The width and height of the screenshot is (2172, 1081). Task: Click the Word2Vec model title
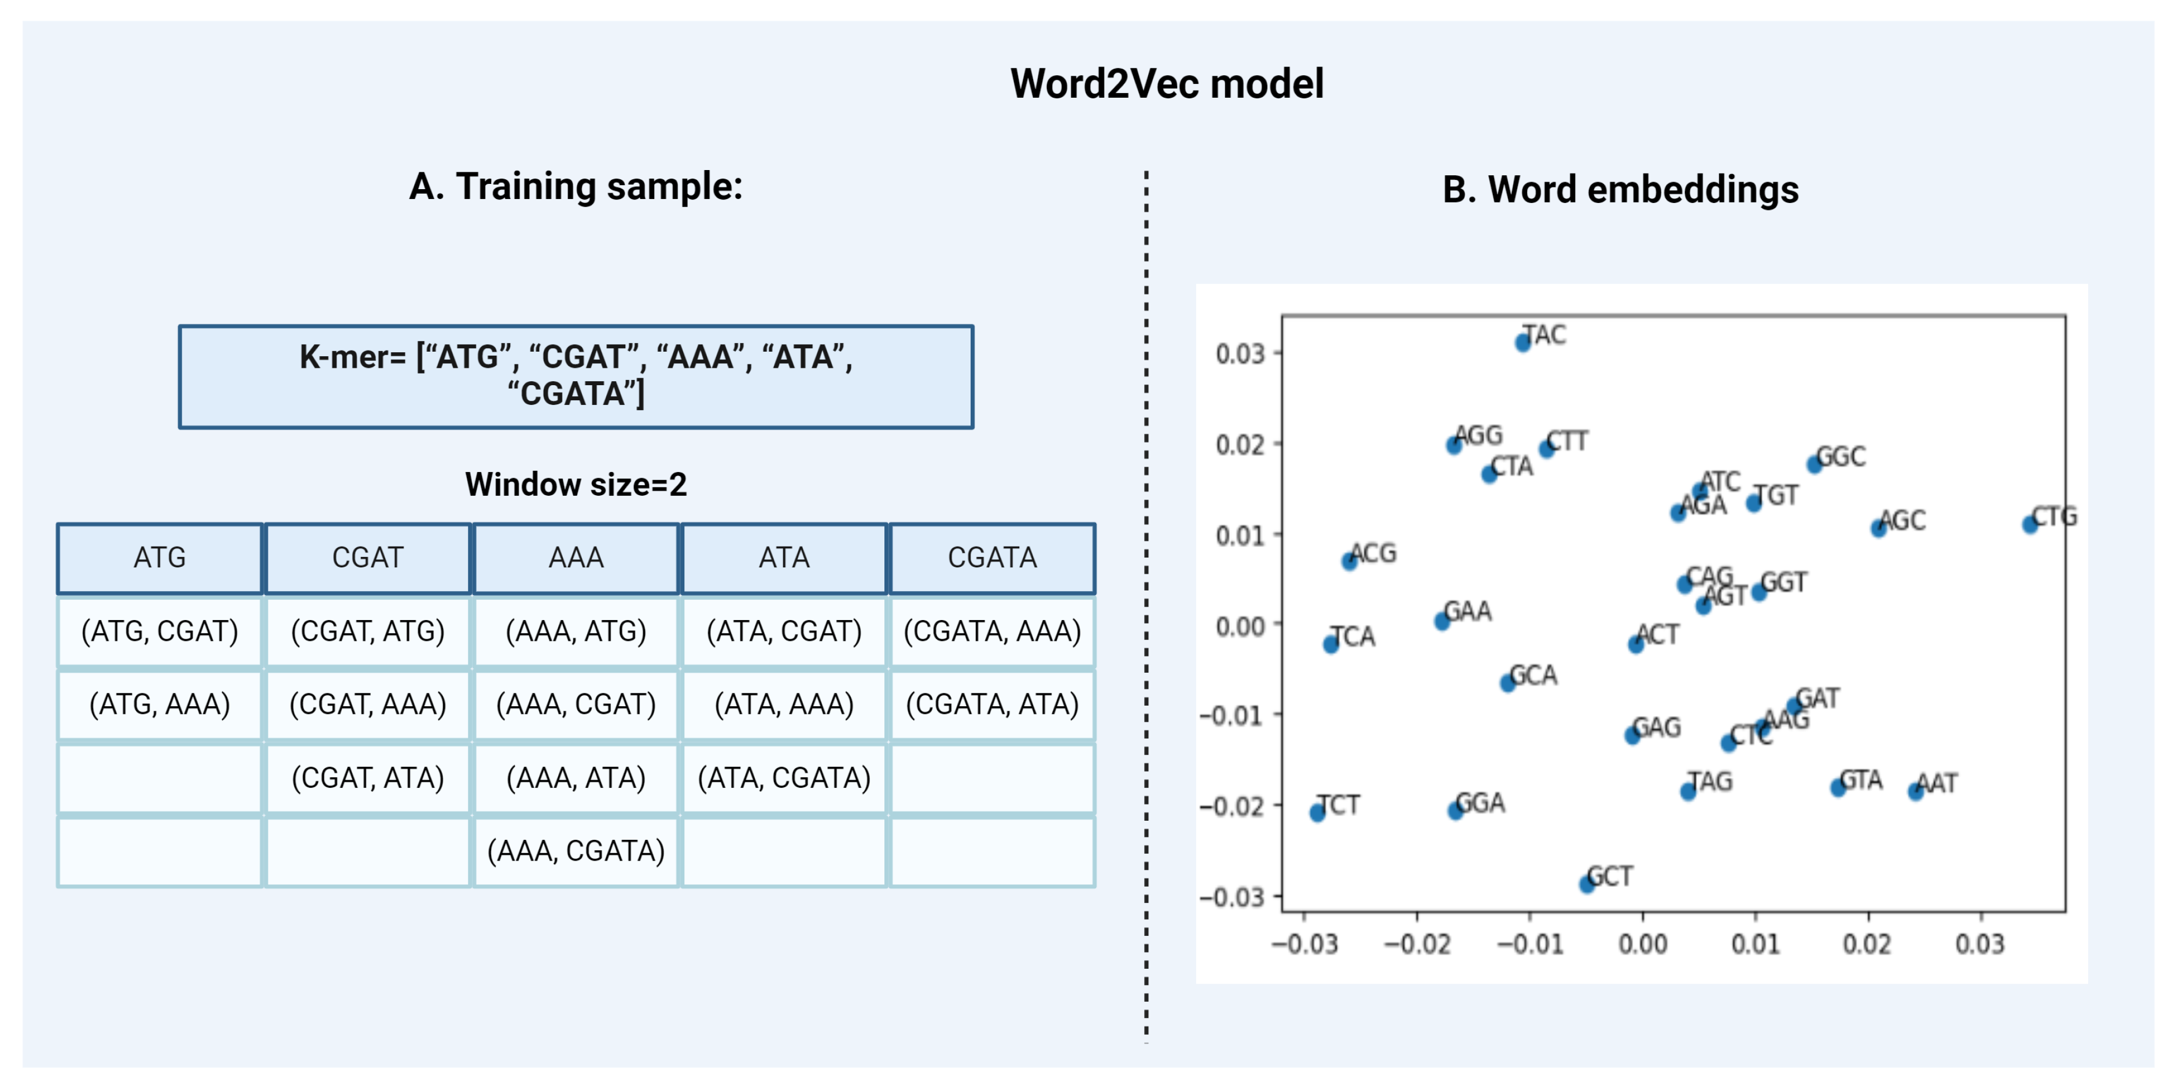click(x=1166, y=83)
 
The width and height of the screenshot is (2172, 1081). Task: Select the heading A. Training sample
click(x=576, y=186)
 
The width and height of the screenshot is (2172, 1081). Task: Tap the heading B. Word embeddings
click(x=1620, y=189)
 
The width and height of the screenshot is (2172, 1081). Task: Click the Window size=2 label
click(x=576, y=485)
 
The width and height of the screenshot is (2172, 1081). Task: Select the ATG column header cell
click(x=160, y=558)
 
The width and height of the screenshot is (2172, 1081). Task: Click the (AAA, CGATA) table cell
click(x=576, y=851)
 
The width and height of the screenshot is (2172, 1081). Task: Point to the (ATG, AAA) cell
click(x=160, y=704)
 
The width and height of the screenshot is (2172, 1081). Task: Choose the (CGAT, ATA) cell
click(x=368, y=777)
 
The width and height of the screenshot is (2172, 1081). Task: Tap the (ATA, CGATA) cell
click(x=784, y=777)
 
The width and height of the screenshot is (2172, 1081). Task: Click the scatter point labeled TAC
click(x=1523, y=342)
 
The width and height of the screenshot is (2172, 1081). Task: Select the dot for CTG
click(x=2030, y=525)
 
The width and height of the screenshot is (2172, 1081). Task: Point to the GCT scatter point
click(x=1587, y=884)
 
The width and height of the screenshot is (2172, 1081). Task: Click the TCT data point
click(x=1317, y=813)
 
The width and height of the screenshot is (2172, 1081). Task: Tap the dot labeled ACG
click(x=1349, y=562)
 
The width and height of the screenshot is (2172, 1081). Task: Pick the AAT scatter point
click(x=1916, y=791)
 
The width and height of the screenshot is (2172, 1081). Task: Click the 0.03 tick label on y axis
click(x=1240, y=353)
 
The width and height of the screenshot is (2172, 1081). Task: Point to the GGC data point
click(x=1815, y=464)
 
